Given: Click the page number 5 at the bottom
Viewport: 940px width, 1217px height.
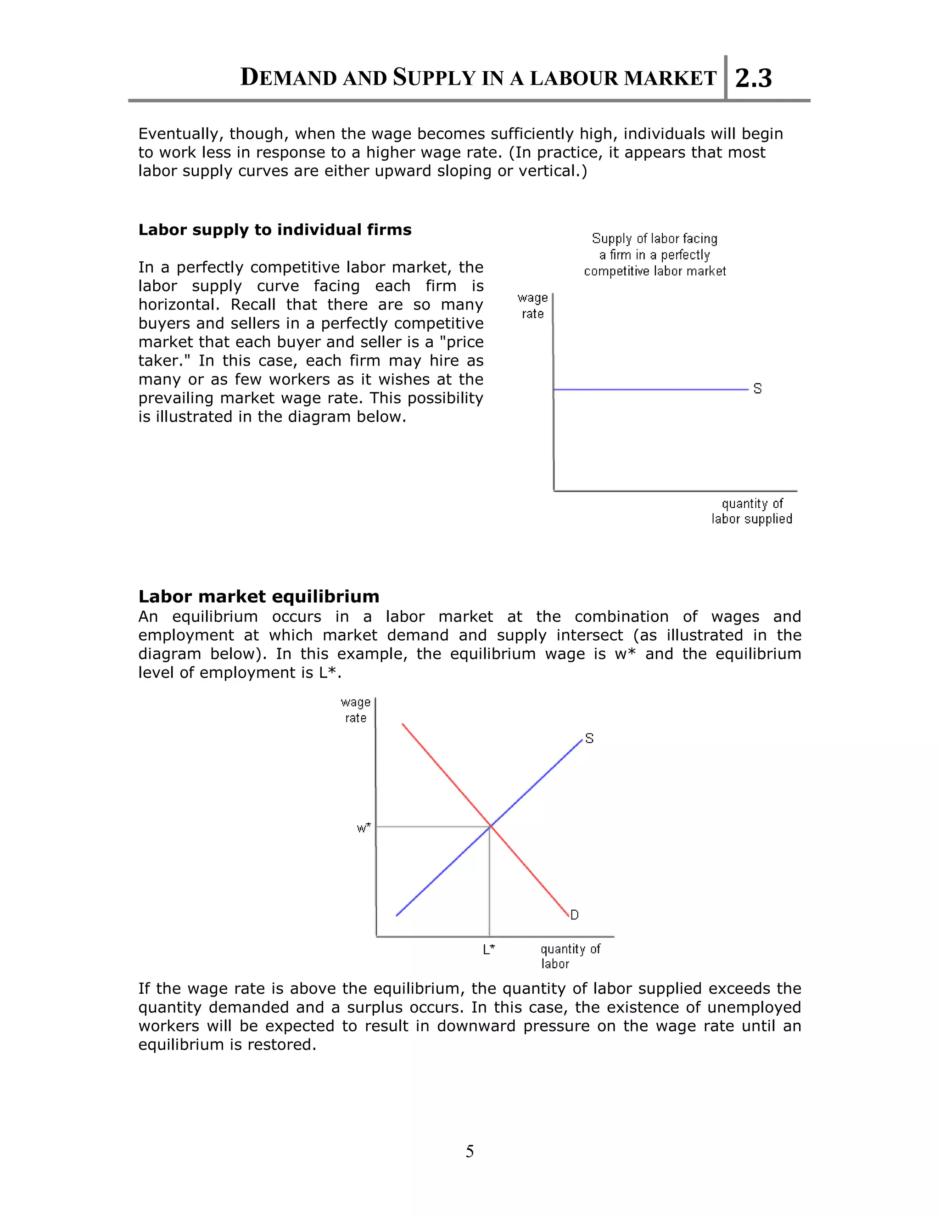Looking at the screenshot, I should [470, 1151].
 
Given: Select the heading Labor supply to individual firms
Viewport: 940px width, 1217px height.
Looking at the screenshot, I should [274, 230].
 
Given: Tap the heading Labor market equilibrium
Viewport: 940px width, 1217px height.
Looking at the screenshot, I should [258, 596].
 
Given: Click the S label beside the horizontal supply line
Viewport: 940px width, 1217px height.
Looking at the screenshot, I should [757, 389].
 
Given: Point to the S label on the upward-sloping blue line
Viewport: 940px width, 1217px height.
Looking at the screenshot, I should [590, 738].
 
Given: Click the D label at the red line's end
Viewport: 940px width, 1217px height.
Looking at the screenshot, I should [575, 915].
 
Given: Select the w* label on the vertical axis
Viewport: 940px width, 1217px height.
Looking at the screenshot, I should [364, 828].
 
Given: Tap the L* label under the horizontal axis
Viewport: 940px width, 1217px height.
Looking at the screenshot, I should [489, 949].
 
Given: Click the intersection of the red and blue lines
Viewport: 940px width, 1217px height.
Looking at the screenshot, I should [490, 826].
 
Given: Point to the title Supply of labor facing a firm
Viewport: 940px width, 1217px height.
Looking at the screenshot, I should [655, 255].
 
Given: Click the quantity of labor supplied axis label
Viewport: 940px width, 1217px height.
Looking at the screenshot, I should [752, 511].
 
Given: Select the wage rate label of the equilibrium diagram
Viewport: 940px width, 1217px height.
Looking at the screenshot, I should [355, 710].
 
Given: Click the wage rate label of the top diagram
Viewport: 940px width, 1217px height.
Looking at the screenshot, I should [532, 306].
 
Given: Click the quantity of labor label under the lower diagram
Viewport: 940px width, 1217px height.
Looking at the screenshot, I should [570, 956].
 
